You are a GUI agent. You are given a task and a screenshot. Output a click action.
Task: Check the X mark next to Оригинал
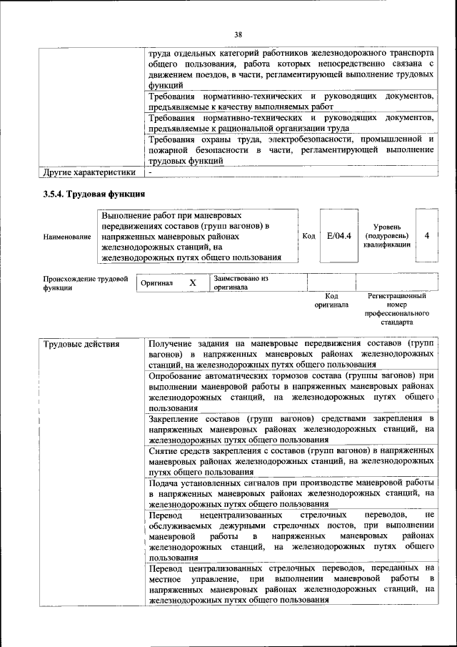[192, 283]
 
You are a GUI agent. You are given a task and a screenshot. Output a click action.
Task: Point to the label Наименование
[67, 236]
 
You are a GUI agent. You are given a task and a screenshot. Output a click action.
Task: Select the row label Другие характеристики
[89, 172]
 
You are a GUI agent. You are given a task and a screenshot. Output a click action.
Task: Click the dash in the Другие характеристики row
[151, 172]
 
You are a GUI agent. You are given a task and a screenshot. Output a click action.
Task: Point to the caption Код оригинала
[331, 300]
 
